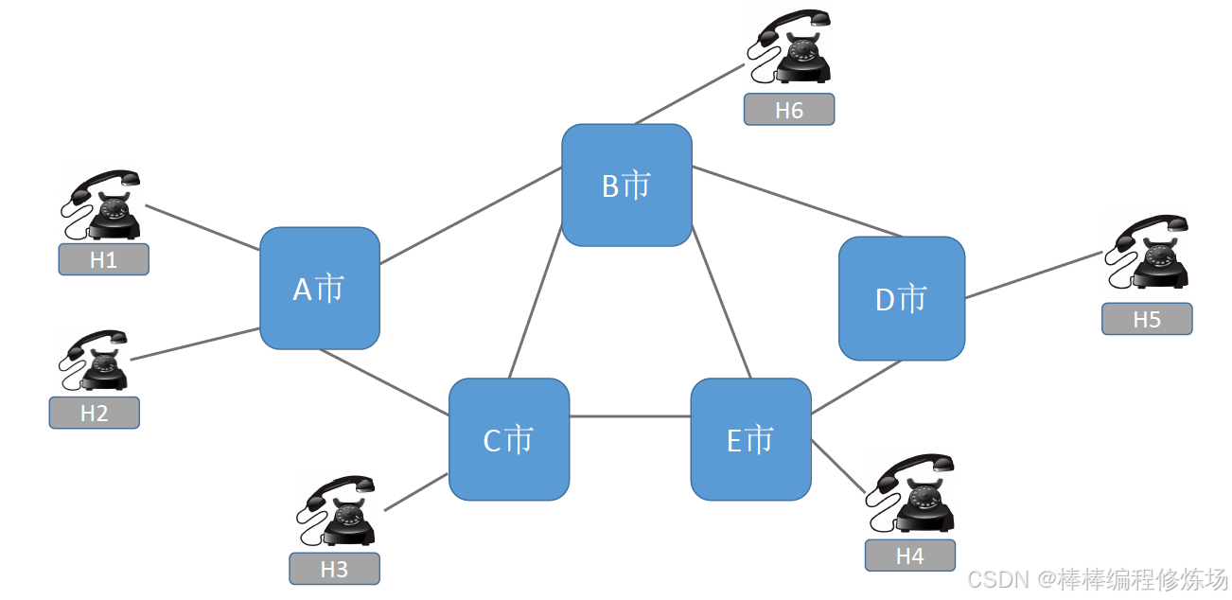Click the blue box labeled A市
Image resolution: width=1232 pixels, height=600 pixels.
coord(320,288)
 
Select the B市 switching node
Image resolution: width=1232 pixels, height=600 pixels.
coord(626,185)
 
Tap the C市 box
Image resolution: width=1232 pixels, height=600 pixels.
coord(509,439)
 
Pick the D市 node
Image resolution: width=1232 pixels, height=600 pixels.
coord(902,298)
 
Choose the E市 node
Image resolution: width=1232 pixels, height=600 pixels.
coord(750,439)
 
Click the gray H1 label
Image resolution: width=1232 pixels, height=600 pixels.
coord(103,260)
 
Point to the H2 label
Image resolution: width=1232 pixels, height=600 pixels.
coord(94,413)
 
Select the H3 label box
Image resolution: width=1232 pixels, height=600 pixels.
coord(334,569)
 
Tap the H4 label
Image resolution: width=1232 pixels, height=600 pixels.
coord(909,556)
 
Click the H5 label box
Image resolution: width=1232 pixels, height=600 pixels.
coord(1146,319)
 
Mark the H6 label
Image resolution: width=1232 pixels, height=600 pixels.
coord(788,110)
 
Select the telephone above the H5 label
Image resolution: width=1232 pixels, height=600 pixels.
coord(1148,252)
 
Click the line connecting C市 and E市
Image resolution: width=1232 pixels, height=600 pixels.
coord(629,416)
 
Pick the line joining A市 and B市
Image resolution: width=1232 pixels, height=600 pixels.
coord(470,217)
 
